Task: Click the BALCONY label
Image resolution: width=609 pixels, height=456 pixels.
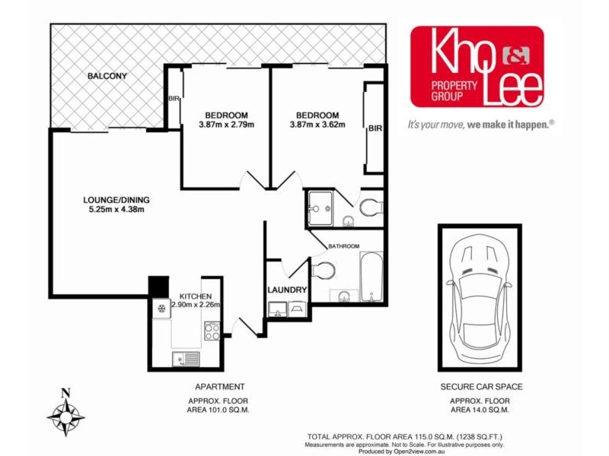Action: click(x=107, y=76)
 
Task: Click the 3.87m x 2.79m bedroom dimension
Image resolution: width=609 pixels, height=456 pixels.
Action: click(x=226, y=125)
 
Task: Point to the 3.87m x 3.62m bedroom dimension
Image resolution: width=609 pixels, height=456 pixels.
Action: click(x=317, y=125)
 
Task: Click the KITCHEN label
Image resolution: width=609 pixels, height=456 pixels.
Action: click(x=196, y=296)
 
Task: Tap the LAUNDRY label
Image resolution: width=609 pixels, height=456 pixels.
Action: click(x=287, y=290)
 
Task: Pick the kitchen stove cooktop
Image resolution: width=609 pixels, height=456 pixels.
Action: click(x=212, y=331)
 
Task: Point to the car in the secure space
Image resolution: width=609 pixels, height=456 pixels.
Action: click(x=479, y=298)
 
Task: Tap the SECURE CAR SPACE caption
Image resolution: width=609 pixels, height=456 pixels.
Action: click(x=481, y=387)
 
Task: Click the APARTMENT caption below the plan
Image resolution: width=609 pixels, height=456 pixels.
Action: click(x=220, y=387)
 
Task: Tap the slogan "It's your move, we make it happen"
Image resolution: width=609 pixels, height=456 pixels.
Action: click(x=480, y=124)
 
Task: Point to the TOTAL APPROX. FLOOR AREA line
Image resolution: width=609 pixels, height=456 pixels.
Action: click(x=403, y=437)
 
